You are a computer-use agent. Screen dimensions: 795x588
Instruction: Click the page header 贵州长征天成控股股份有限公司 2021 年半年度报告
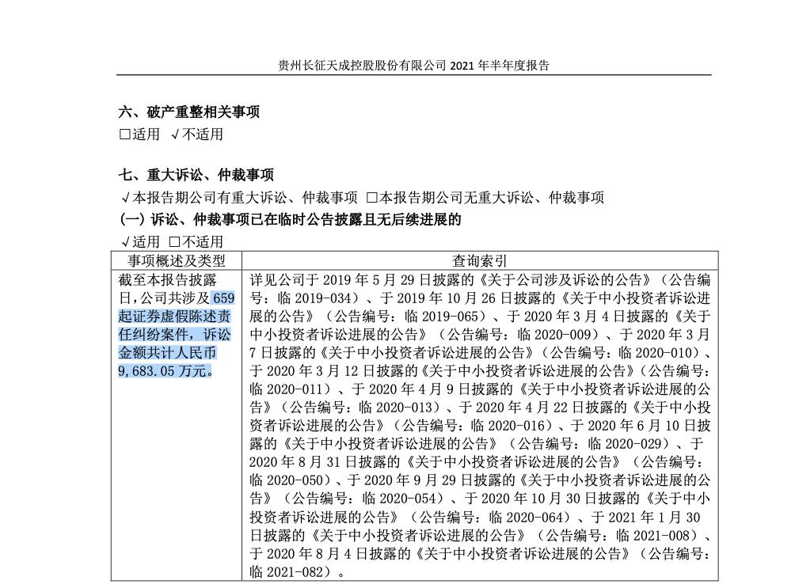click(x=414, y=66)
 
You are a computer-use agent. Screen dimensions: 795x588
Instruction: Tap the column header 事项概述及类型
click(x=177, y=260)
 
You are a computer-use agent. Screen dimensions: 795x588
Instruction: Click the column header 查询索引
click(x=480, y=260)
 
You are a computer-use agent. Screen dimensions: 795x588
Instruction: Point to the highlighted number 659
click(x=224, y=298)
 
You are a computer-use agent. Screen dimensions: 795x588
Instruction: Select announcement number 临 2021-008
click(x=658, y=534)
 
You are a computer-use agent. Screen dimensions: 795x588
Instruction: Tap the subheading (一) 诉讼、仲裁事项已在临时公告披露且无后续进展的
click(x=290, y=218)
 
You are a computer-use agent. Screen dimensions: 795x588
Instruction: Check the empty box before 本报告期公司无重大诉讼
click(x=371, y=197)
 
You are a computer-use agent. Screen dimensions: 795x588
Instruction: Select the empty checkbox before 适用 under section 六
click(x=124, y=135)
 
